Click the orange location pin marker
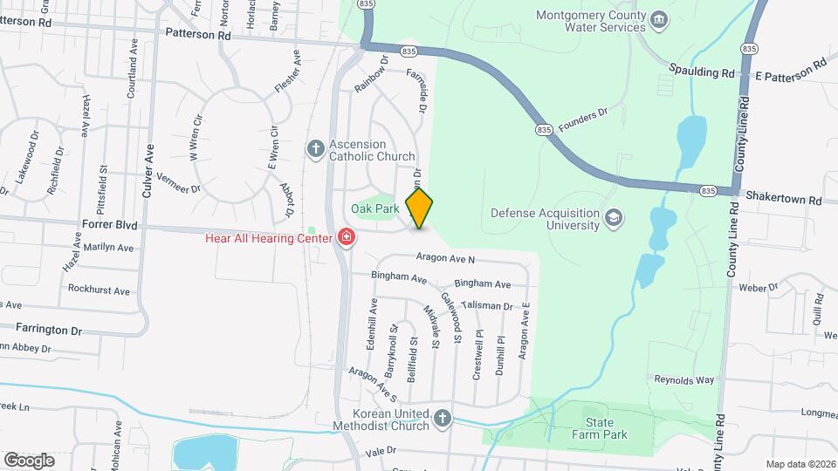coord(420,208)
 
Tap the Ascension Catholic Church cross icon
coord(316,148)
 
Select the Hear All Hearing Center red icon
coord(347,237)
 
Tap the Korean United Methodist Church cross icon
coord(443,419)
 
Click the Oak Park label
coord(374,208)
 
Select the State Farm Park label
coord(600,427)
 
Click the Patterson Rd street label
coord(198,36)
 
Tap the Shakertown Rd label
coord(780,200)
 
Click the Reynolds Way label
coord(684,380)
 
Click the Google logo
coord(29,460)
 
